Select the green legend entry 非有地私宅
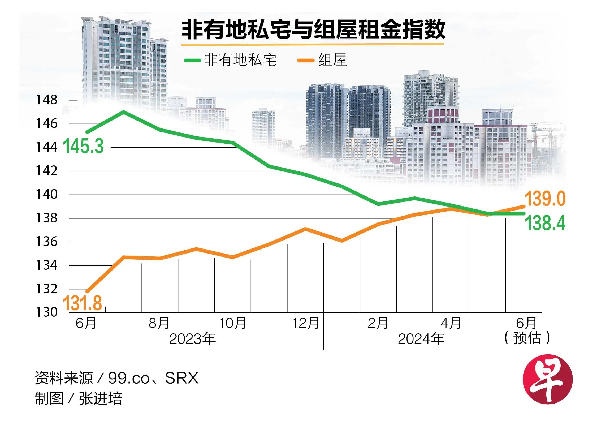pos(240,60)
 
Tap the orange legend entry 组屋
pos(332,60)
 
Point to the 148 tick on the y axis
pos(46,100)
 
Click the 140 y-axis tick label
pos(46,195)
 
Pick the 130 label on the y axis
pos(46,312)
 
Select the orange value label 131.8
pos(82,303)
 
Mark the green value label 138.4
pos(545,223)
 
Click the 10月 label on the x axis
pos(232,323)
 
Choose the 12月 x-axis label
pos(305,323)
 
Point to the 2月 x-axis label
pos(378,323)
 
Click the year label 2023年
pos(192,339)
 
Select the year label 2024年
pos(421,339)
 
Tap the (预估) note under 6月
pos(527,338)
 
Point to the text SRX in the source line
pos(182,378)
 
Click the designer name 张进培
pos(101,399)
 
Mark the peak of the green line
pos(124,112)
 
